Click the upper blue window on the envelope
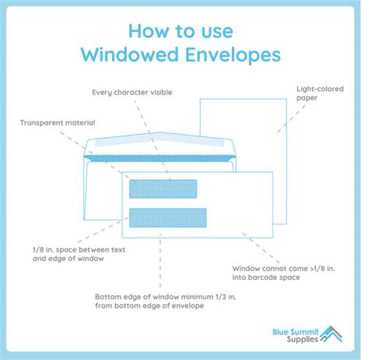pos(164,188)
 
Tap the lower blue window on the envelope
pos(168,217)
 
